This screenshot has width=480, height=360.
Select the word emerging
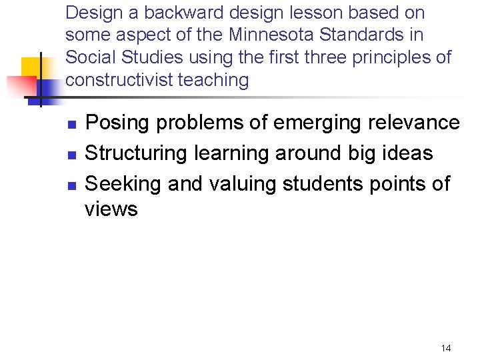tap(307, 123)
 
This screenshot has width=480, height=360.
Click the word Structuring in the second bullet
tap(137, 153)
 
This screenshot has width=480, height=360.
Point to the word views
tap(111, 209)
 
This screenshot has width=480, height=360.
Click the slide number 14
tap(446, 348)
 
